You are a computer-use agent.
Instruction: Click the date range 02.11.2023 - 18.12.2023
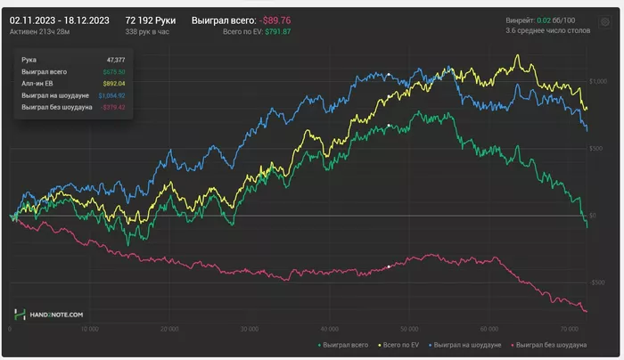point(61,19)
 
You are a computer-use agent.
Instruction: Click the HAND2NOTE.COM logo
point(48,315)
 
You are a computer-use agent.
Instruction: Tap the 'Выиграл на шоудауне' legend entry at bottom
point(469,344)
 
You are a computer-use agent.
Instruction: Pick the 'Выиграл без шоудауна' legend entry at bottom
point(550,344)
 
